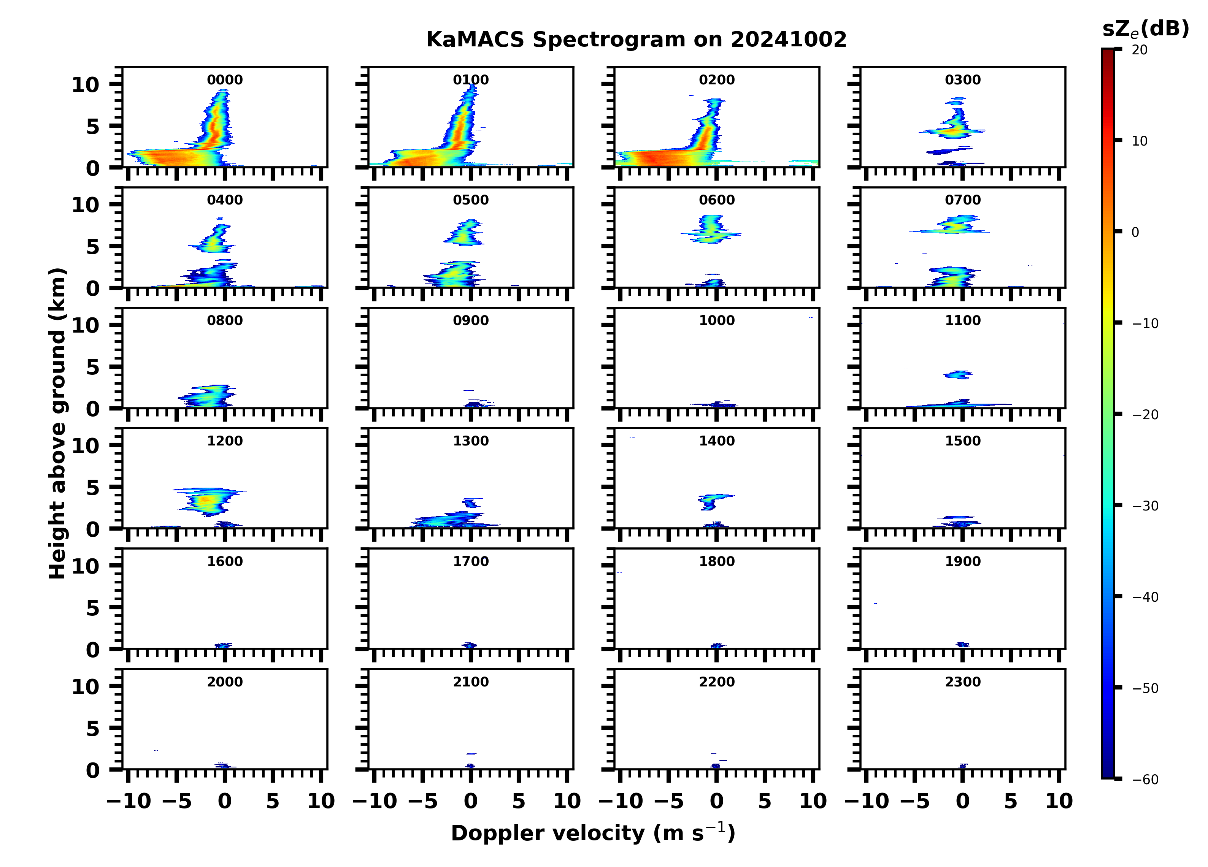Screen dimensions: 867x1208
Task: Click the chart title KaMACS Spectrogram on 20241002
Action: pyautogui.click(x=636, y=40)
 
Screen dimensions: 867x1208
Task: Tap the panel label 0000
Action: pyautogui.click(x=225, y=80)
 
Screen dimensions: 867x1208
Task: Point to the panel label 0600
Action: pyautogui.click(x=716, y=200)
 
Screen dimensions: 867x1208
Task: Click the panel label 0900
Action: pyautogui.click(x=471, y=320)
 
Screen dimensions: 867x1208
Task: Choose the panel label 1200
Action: pyautogui.click(x=225, y=441)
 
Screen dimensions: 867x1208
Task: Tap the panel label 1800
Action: pyautogui.click(x=716, y=561)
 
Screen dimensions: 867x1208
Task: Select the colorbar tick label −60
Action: pyautogui.click(x=1145, y=780)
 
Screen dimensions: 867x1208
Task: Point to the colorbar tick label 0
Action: pyautogui.click(x=1135, y=232)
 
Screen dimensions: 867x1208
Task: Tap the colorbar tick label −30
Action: pyautogui.click(x=1145, y=506)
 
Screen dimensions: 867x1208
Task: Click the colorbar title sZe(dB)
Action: pyautogui.click(x=1145, y=29)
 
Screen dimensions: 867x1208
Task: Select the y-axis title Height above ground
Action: pyautogui.click(x=57, y=423)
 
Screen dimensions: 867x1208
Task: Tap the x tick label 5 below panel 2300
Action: pyautogui.click(x=1010, y=801)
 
